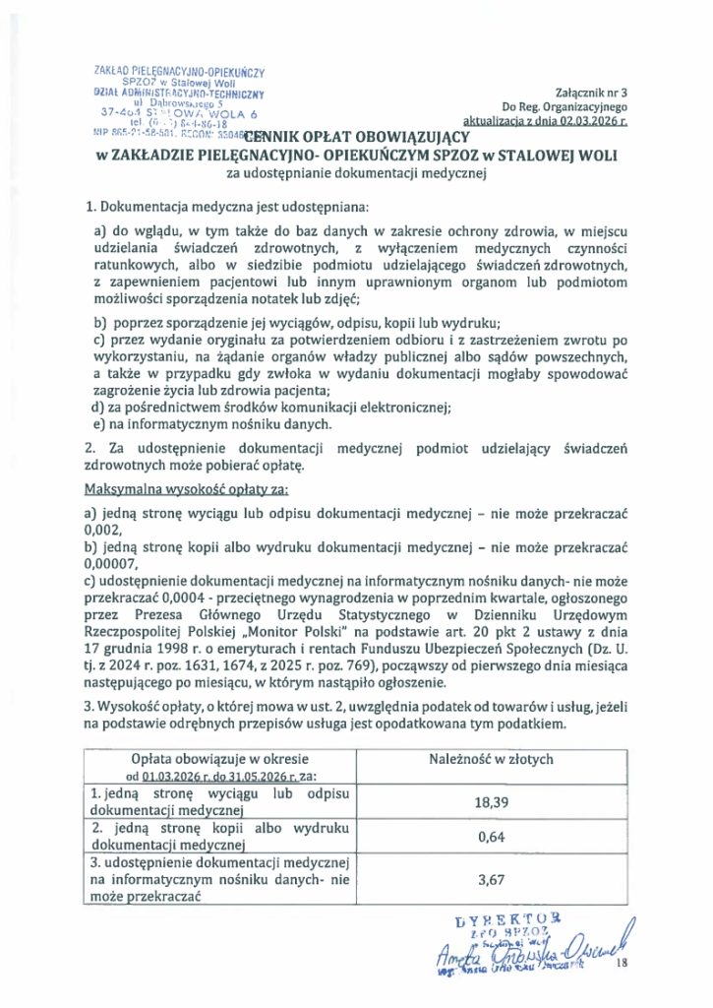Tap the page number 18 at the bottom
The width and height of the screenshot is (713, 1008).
(x=620, y=965)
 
